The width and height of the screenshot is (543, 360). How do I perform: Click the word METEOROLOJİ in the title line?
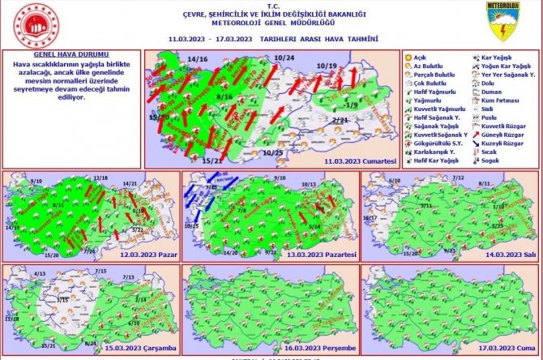coord(221,25)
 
